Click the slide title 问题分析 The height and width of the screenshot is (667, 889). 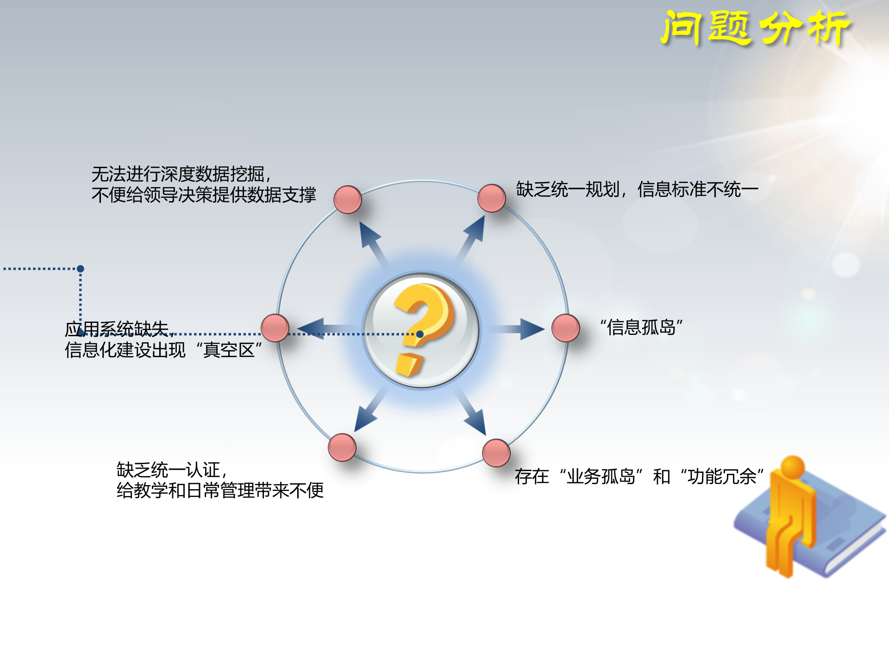coord(756,29)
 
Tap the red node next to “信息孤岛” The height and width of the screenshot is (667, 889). coord(565,328)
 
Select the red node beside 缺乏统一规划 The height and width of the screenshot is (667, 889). coord(491,198)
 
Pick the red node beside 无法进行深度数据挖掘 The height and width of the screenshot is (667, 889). coord(347,200)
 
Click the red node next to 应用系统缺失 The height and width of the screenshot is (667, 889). coord(275,328)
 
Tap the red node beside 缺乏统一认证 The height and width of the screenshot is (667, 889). coord(342,447)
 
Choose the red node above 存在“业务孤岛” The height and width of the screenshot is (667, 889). coord(496,453)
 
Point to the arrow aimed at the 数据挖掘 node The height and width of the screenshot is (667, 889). coord(373,241)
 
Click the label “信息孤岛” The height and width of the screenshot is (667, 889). coord(641,327)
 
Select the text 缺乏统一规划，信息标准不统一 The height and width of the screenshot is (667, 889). coord(637,189)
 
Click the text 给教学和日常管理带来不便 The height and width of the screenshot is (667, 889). coord(220,491)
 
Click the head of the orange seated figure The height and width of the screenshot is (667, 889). coord(792,466)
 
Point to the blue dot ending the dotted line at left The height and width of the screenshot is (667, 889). coord(81,269)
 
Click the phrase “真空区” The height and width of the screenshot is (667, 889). coord(229,350)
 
